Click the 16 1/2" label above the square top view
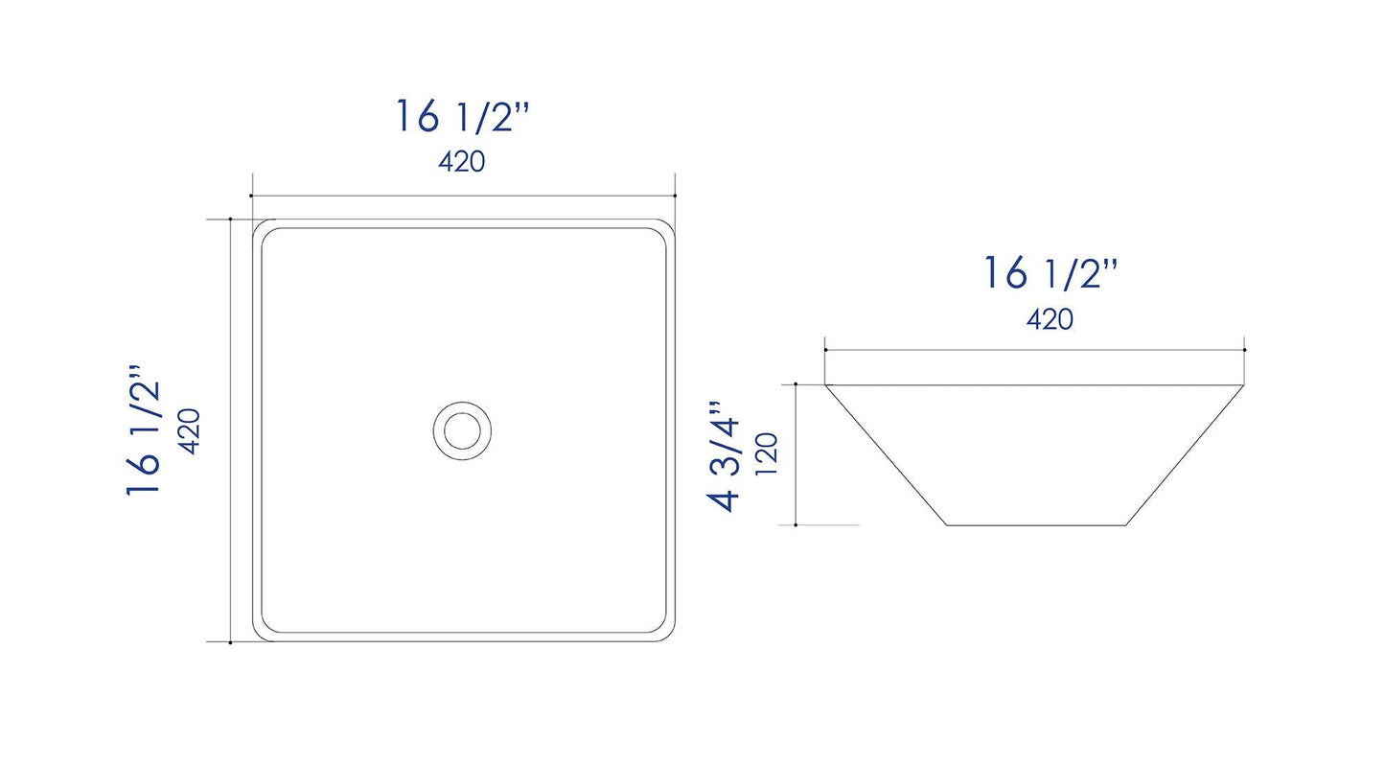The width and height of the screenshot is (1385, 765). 463,117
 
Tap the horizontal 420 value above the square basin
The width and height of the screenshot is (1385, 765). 462,162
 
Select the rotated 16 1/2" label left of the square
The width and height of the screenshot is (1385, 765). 144,429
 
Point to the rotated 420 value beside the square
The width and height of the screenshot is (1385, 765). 189,430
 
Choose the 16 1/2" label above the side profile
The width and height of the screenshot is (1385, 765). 1050,274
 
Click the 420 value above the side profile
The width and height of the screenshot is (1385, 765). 1050,319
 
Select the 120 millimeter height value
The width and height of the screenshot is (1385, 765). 767,454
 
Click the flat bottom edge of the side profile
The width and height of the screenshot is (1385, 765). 1036,525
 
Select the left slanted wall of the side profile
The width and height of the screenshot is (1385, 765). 886,455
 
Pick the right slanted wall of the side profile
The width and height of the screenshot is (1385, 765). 1186,455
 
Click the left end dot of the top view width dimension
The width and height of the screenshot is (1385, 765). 251,197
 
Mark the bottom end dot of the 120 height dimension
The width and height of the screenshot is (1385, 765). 796,525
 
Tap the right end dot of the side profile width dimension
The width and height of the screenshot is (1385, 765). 1244,350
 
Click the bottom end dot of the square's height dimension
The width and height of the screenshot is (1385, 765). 231,642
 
